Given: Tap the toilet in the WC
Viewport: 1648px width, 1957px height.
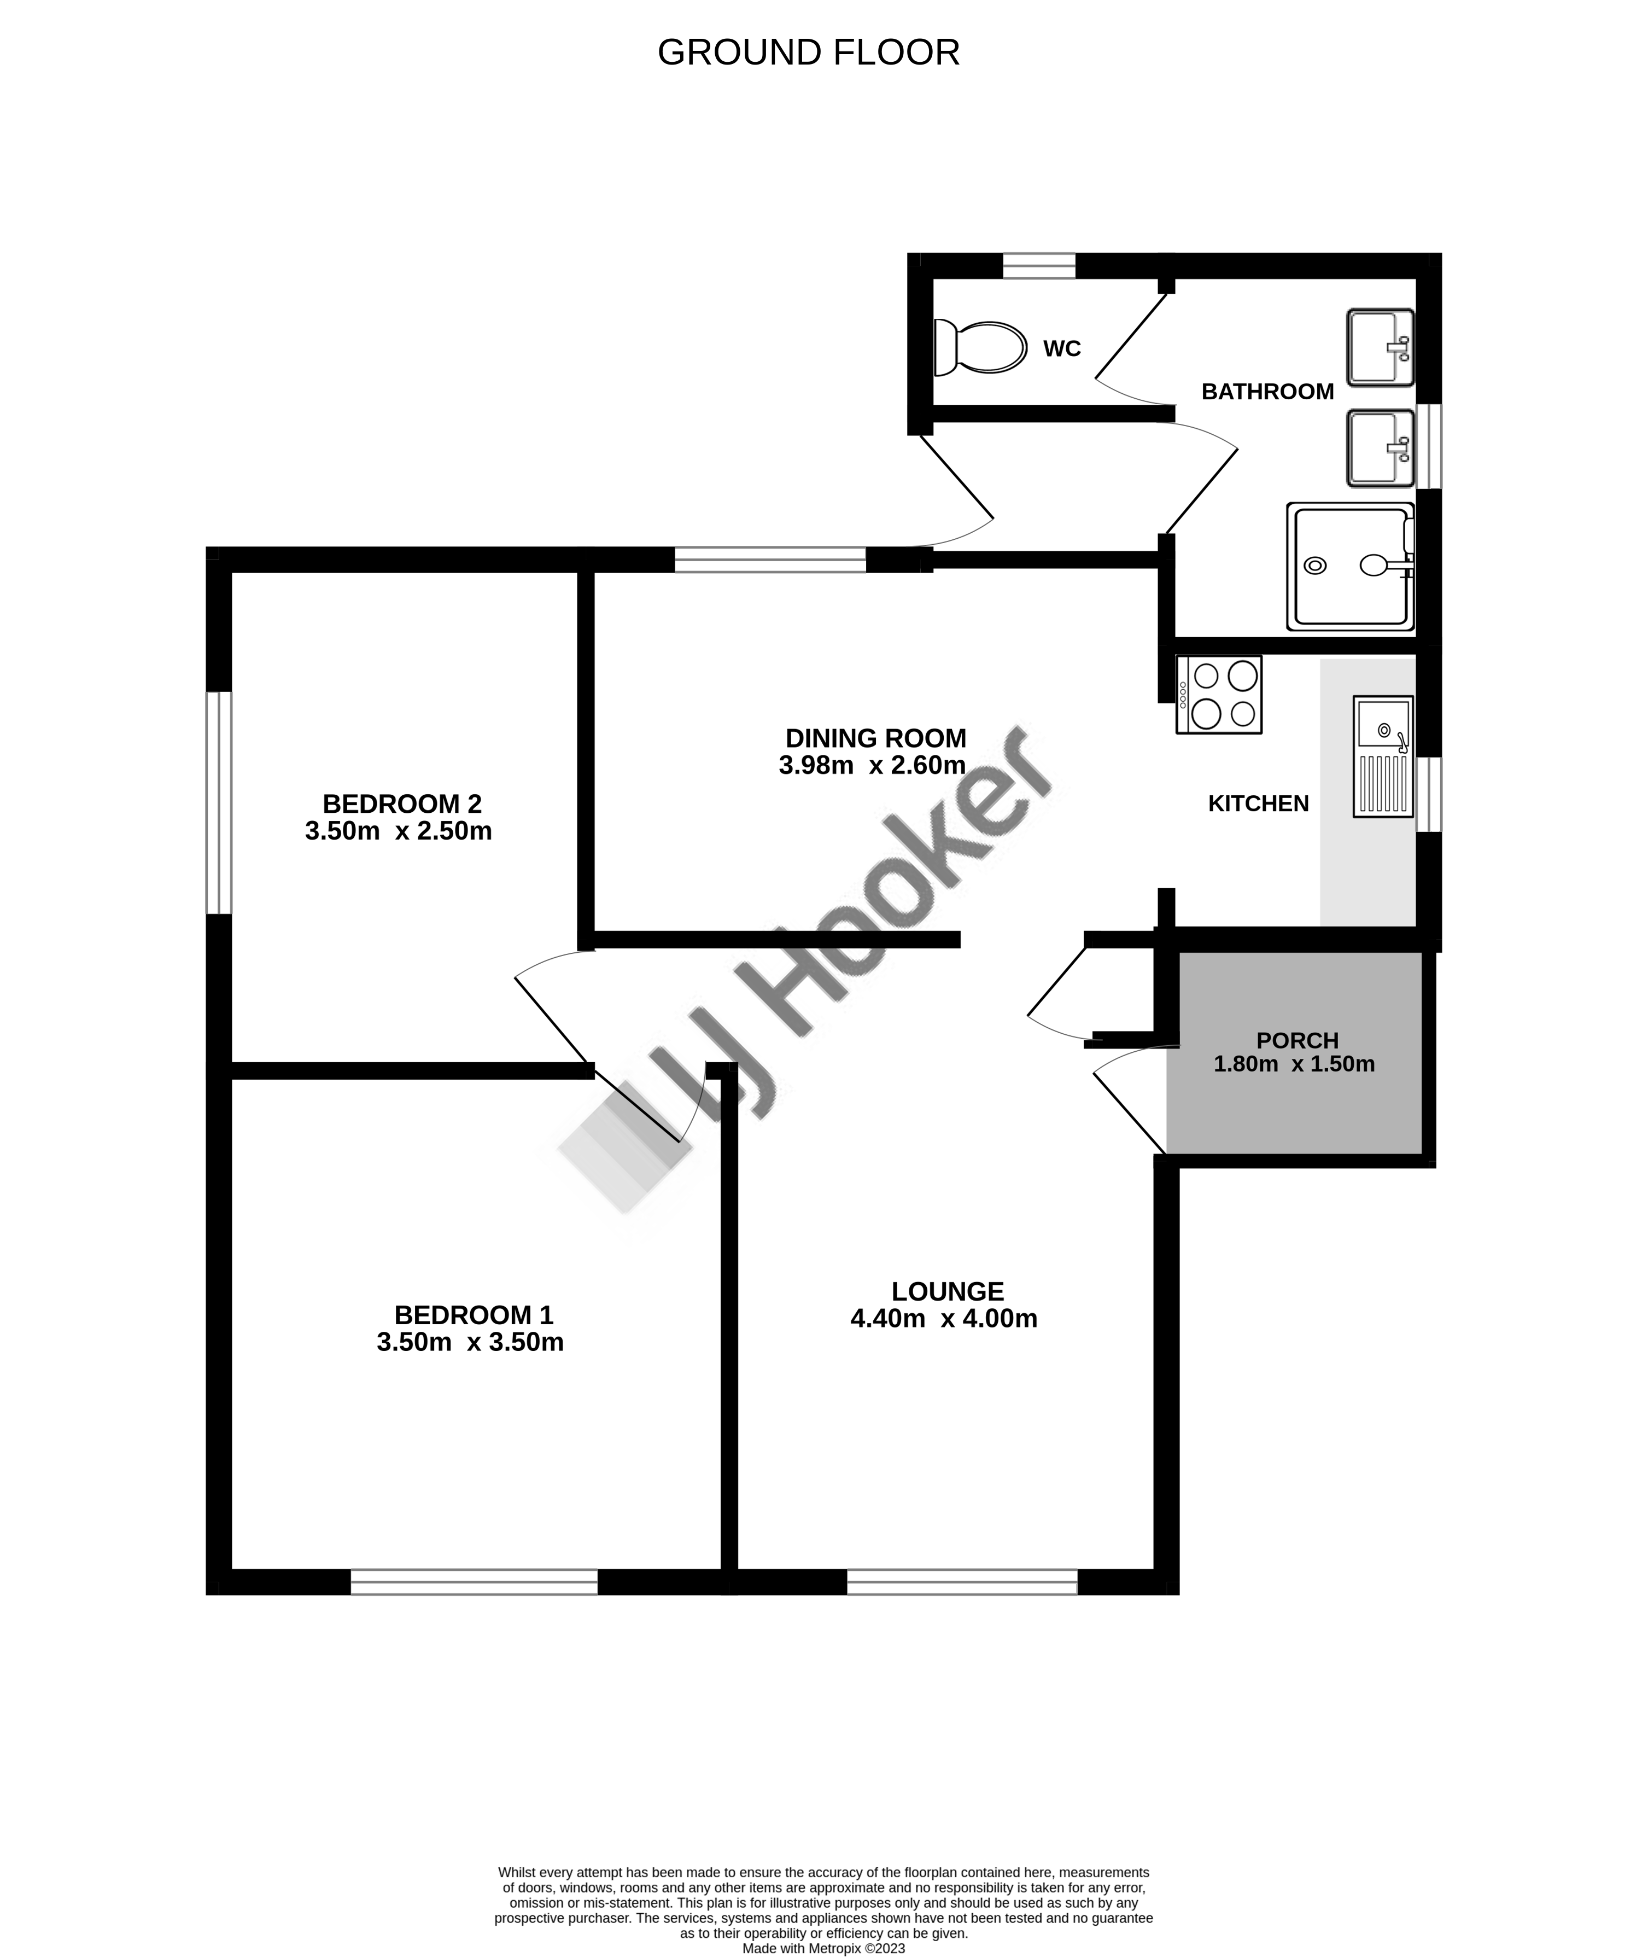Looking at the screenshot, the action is tap(980, 348).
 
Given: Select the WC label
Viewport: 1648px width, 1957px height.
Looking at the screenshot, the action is tap(1062, 348).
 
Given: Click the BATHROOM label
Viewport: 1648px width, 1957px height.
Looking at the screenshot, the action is tap(1268, 392).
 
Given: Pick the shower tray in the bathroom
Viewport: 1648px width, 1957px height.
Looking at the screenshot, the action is tap(1351, 566).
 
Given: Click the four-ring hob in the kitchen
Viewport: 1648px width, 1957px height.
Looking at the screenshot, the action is tap(1219, 695).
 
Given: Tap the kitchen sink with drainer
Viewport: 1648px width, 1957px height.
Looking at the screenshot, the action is tap(1383, 756).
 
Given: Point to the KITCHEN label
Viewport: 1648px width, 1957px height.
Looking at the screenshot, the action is tap(1259, 803).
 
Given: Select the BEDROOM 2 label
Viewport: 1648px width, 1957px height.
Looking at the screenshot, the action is tap(402, 803).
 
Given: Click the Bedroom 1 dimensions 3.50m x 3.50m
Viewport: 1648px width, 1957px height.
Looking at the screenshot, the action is tap(470, 1343).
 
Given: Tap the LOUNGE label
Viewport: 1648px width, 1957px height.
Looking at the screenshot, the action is tap(948, 1291).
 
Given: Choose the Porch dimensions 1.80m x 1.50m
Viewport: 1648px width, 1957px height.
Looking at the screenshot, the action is tap(1294, 1063).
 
